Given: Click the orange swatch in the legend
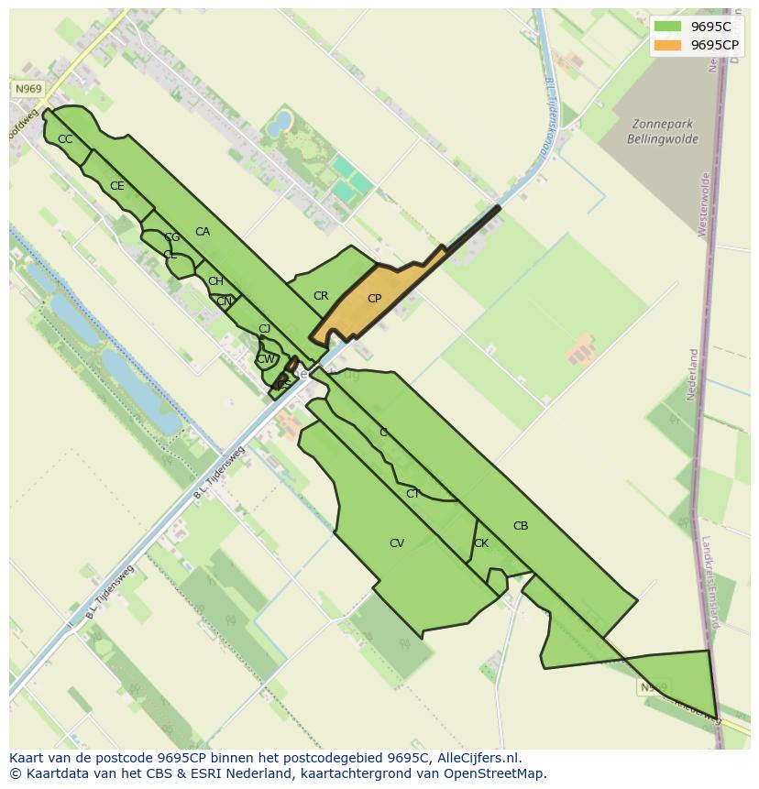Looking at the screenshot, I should [668, 45].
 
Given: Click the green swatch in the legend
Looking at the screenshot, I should [668, 27].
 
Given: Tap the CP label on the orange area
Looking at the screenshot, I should [374, 299].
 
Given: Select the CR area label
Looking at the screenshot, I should [321, 296].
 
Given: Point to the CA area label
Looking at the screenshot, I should [203, 232].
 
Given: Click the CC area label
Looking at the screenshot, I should [65, 139].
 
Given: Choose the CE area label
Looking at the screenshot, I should [117, 186].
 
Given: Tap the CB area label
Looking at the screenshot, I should [521, 526].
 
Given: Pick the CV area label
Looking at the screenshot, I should [397, 543].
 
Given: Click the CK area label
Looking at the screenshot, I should [481, 543].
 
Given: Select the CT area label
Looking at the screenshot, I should [412, 494].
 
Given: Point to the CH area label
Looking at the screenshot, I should [215, 281].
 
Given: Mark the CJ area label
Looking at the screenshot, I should [264, 329].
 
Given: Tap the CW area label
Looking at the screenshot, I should [265, 359].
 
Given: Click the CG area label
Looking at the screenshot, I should [172, 237].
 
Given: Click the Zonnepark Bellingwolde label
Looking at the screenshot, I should [663, 132].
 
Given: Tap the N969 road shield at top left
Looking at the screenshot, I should [28, 89].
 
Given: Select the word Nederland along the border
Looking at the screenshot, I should [693, 375].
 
